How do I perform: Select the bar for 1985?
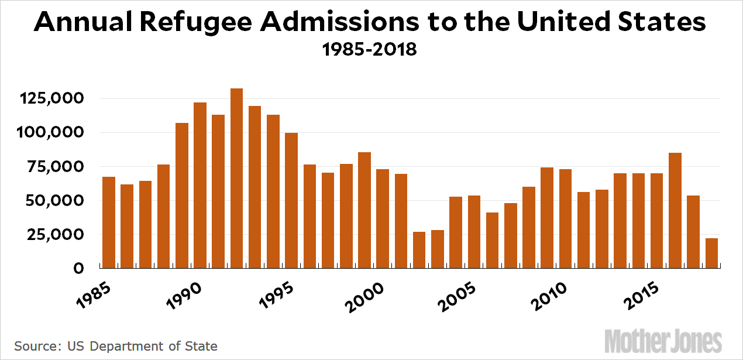tap(109, 222)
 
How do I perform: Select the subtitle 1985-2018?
tap(370, 49)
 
